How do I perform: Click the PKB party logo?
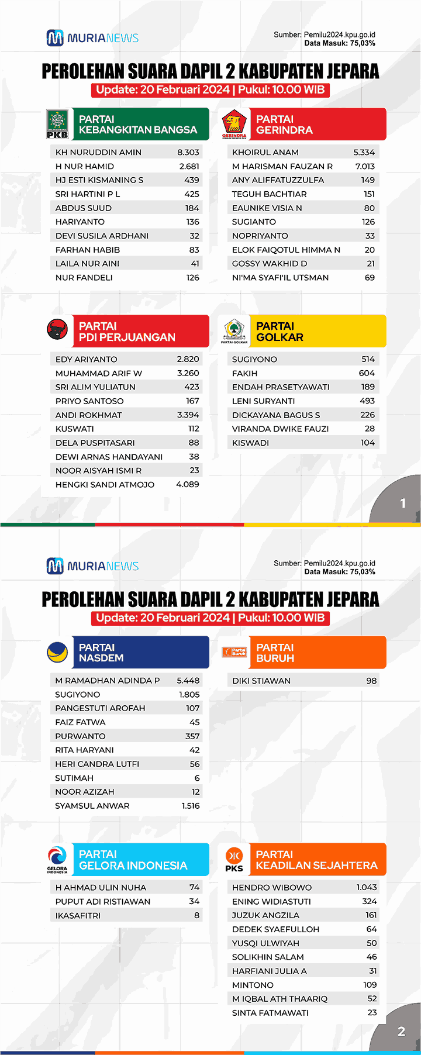(57, 124)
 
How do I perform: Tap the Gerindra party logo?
(234, 124)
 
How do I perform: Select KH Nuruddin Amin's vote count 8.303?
(188, 152)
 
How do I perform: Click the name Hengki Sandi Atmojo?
(105, 484)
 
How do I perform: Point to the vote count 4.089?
(188, 484)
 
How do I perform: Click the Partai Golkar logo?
(234, 331)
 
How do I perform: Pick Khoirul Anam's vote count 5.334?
(364, 152)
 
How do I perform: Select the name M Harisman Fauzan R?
(282, 166)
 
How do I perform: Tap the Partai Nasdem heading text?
(101, 653)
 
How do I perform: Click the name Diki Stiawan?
(261, 681)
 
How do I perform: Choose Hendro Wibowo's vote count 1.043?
(367, 887)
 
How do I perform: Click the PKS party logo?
(234, 859)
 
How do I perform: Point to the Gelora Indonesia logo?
(57, 859)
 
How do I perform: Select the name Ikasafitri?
(78, 915)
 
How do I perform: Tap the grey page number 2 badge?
(401, 1032)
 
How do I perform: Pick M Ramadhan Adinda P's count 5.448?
(188, 681)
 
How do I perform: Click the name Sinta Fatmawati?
(270, 1013)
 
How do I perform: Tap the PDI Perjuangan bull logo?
(57, 330)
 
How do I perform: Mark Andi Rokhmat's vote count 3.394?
(188, 415)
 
